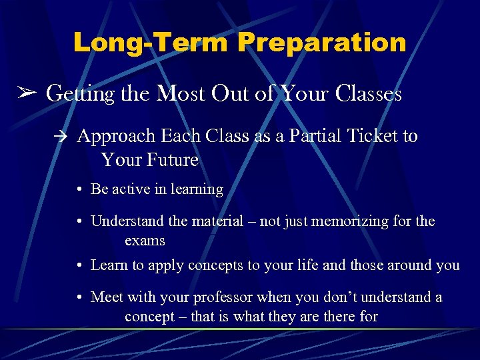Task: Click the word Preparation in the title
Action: click(x=322, y=43)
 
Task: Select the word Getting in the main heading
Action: click(x=82, y=94)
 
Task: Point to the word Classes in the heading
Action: click(x=369, y=94)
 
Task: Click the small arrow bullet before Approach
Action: click(x=63, y=137)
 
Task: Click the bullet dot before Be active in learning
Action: click(x=79, y=189)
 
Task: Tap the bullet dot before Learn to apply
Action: click(x=79, y=265)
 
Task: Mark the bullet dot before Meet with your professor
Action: click(x=79, y=297)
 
